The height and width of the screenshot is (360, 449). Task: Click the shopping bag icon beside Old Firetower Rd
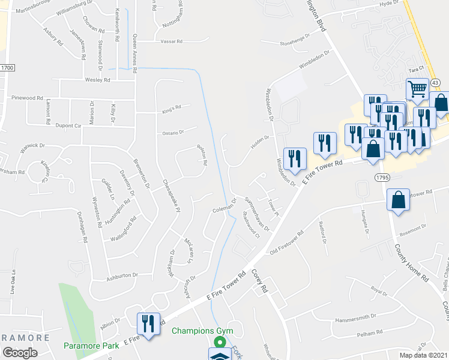click(398, 200)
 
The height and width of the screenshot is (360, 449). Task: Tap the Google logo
click(20, 353)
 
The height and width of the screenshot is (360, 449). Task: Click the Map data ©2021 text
click(424, 355)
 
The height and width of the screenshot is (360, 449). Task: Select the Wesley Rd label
click(98, 80)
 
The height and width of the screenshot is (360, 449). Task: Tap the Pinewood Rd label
click(27, 97)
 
